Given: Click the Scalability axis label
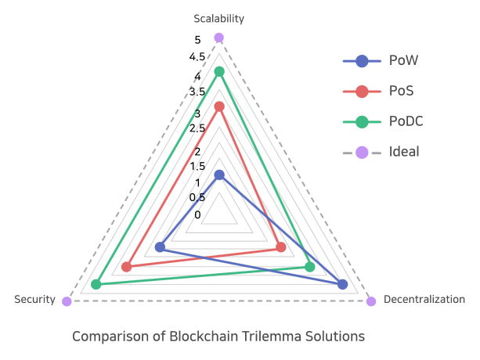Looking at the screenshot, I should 219,18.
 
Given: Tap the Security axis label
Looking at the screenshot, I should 35,300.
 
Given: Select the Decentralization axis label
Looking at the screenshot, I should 424,300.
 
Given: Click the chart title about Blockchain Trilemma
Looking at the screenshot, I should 218,337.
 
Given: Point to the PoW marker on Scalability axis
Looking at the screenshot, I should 219,175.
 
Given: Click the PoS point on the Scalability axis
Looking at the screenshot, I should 219,106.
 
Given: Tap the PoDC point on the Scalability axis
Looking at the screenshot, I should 219,72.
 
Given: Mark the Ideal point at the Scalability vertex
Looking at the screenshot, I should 219,38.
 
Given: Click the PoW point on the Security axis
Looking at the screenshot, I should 160,247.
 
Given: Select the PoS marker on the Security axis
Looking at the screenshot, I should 127,267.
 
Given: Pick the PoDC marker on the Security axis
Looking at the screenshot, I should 96,284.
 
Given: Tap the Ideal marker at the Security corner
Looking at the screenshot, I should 67,301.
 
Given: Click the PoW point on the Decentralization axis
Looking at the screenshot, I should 342,284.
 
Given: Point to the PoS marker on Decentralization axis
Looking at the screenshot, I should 280,248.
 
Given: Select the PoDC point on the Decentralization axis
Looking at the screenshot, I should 309,267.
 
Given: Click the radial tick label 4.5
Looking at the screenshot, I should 197,57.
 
